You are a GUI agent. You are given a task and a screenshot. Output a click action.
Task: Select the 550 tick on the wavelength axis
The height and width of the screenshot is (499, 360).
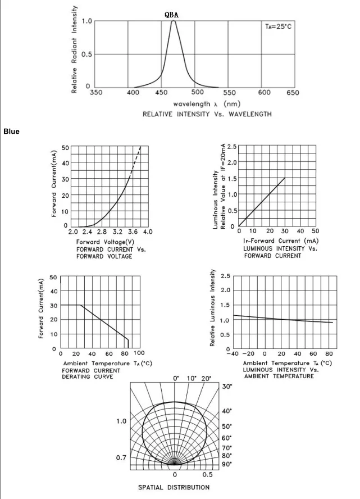click(230, 92)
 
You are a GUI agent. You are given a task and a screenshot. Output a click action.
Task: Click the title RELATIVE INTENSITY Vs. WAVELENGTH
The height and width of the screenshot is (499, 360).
click(207, 114)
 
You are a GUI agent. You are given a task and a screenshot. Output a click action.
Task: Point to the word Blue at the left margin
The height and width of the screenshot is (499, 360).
click(11, 131)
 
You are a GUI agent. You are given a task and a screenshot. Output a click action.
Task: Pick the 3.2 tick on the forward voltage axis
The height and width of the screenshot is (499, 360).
click(118, 232)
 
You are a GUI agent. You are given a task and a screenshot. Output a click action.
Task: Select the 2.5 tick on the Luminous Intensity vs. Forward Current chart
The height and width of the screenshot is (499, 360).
click(231, 147)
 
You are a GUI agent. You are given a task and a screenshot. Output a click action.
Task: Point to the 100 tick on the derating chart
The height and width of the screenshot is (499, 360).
click(139, 353)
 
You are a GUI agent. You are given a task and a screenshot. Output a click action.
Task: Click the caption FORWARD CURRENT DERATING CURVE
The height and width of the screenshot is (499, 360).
click(90, 373)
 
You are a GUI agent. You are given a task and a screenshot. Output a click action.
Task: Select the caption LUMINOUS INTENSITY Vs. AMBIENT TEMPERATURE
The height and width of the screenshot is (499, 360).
click(279, 373)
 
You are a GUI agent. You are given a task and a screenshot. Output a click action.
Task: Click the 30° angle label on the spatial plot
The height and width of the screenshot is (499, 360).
click(227, 387)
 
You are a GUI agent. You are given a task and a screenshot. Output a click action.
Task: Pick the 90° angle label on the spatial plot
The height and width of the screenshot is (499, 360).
click(227, 464)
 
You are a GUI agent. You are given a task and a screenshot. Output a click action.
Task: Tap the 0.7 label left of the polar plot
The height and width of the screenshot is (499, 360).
click(121, 458)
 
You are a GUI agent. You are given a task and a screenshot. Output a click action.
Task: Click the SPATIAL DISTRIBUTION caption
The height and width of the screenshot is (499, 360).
click(174, 487)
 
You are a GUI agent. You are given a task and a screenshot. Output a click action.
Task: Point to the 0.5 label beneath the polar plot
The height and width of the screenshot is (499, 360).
click(207, 475)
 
